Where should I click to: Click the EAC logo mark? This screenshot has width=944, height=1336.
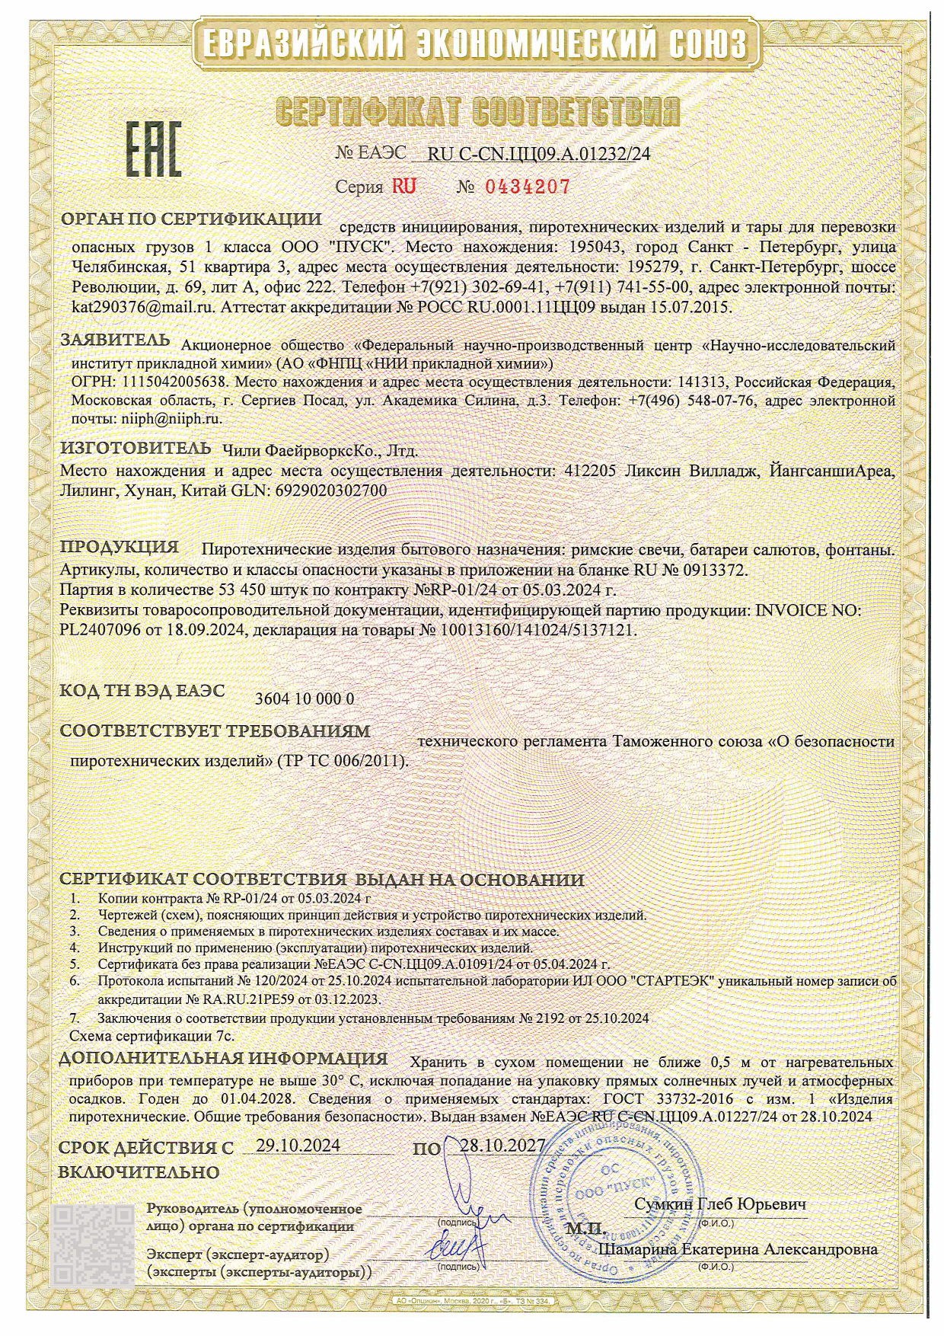[152, 151]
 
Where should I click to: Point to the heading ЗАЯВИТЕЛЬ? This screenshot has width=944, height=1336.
[116, 340]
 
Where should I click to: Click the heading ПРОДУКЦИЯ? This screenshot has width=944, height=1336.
[120, 547]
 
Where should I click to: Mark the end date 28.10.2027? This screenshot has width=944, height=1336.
[502, 1146]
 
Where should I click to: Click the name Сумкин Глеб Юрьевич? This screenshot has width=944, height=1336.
[720, 1204]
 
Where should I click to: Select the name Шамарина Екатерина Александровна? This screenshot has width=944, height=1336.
[738, 1250]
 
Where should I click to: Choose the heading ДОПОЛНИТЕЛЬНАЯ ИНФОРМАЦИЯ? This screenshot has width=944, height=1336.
[224, 1058]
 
